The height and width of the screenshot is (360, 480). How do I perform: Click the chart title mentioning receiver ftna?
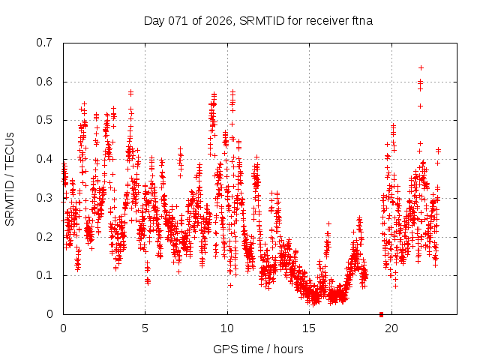click(x=258, y=20)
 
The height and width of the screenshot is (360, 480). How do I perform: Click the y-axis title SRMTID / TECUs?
click(x=10, y=178)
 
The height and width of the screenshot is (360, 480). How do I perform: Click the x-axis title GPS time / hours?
click(x=258, y=349)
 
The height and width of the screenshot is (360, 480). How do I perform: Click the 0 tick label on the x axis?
click(x=63, y=328)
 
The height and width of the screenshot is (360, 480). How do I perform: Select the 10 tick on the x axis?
click(x=227, y=328)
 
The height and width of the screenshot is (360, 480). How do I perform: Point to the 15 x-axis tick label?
click(x=309, y=328)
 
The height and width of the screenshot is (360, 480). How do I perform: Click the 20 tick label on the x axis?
click(x=391, y=328)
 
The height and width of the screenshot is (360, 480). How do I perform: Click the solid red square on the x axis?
click(x=381, y=314)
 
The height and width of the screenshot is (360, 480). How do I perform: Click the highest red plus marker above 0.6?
click(x=421, y=67)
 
